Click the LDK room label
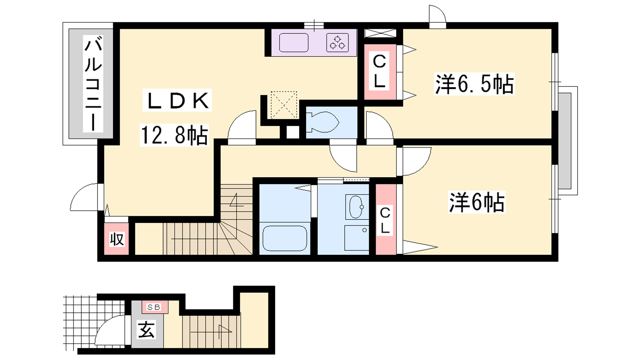[177, 100]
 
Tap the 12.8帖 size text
[174, 135]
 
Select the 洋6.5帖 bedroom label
[474, 84]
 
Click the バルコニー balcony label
[93, 84]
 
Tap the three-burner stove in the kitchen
[338, 43]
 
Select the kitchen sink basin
[294, 43]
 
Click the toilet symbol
[322, 122]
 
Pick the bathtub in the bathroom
[284, 238]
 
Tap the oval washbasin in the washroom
[356, 207]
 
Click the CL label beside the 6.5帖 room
[380, 72]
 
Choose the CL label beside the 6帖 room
[385, 220]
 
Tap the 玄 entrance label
[146, 330]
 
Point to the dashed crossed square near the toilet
[284, 104]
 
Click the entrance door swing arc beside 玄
[104, 326]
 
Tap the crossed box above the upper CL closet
[380, 33]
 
